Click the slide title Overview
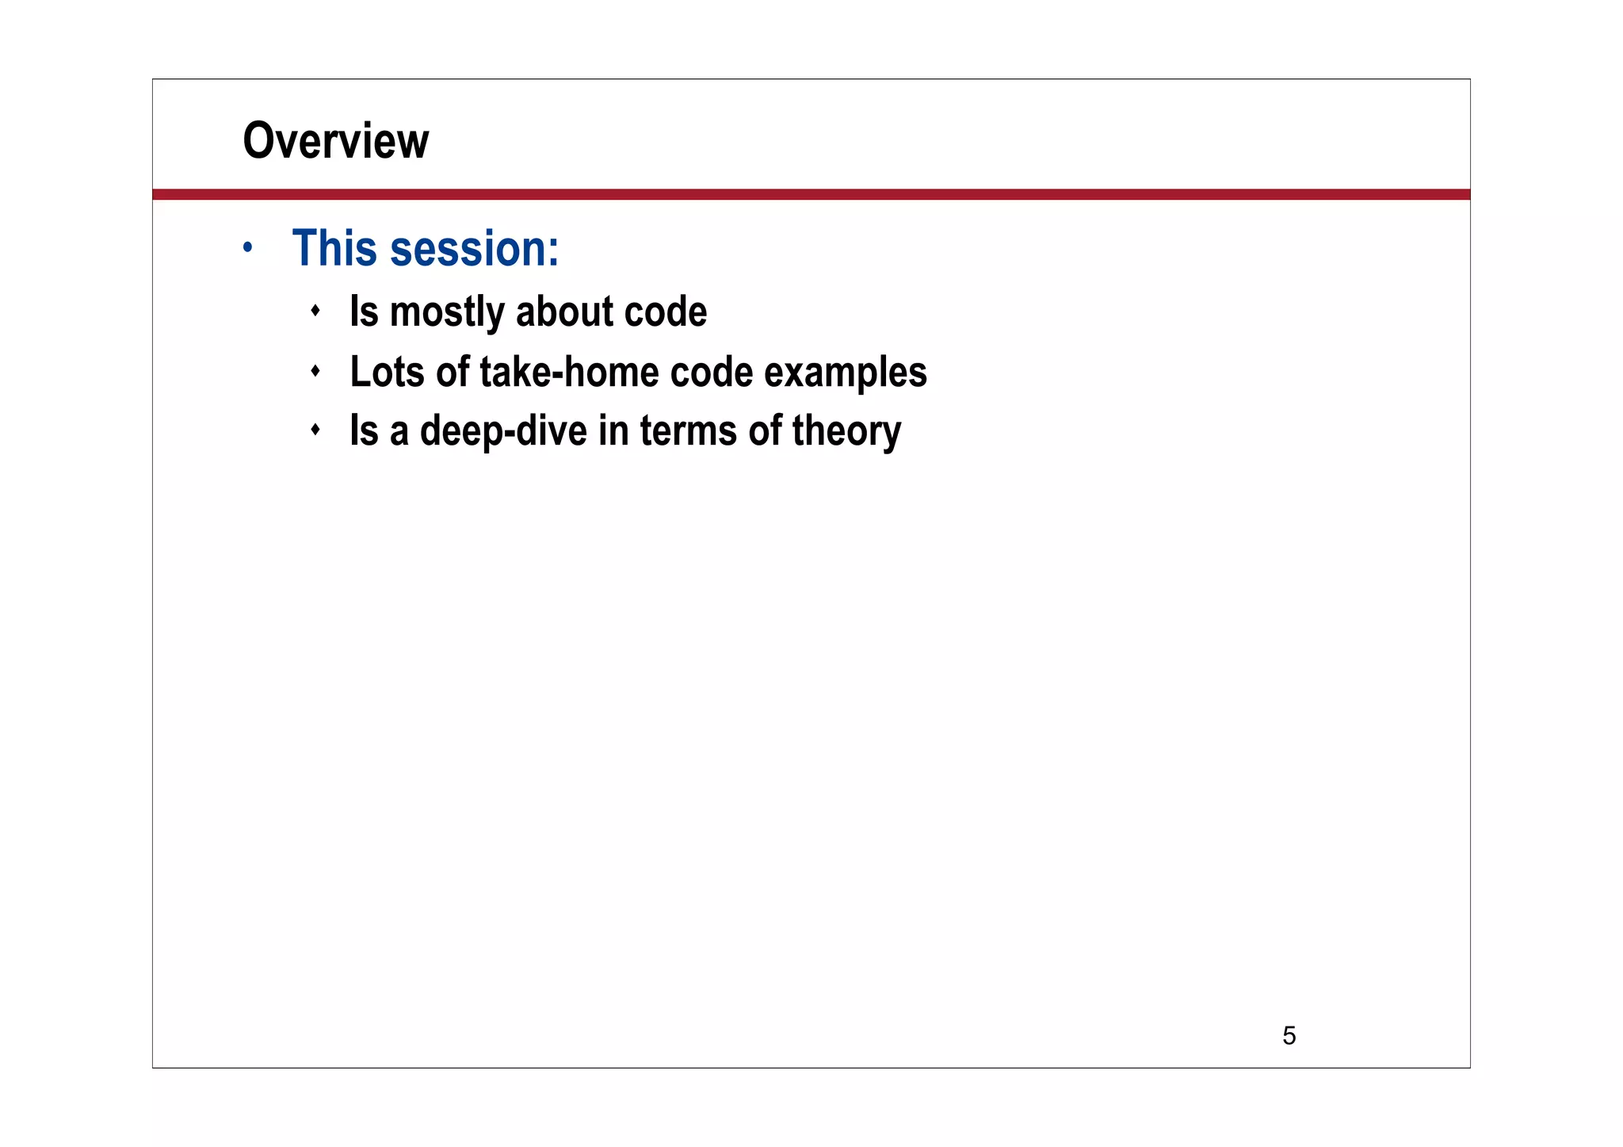coord(335,141)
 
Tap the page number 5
coord(1289,1035)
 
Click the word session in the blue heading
coord(475,249)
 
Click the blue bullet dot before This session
coord(248,248)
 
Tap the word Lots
coord(387,372)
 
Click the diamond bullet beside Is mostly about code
coord(315,311)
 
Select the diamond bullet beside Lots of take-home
coord(315,370)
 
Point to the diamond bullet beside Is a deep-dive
coord(315,430)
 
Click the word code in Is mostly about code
coord(665,312)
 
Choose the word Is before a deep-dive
coord(364,431)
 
